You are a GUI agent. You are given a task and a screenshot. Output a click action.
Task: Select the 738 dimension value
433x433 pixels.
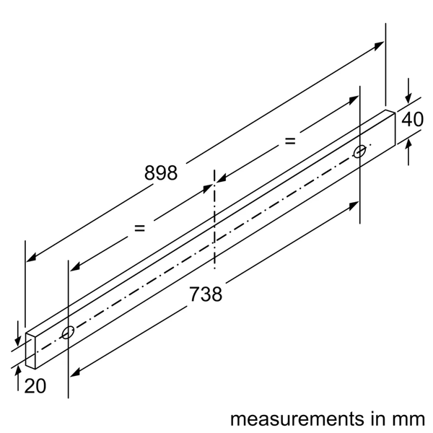(205, 294)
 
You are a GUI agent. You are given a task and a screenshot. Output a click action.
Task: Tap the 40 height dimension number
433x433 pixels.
(412, 120)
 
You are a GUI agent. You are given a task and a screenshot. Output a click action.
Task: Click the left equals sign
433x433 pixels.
(139, 228)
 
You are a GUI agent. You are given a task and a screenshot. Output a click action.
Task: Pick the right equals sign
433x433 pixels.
(290, 141)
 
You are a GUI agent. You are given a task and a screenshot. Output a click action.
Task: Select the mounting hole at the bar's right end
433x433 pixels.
(359, 152)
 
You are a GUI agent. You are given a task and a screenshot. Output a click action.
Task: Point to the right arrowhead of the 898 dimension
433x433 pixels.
(380, 45)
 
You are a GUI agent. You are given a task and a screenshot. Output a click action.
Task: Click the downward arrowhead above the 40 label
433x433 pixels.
(408, 99)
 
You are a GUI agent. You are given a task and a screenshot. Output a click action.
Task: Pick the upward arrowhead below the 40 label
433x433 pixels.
(408, 143)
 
